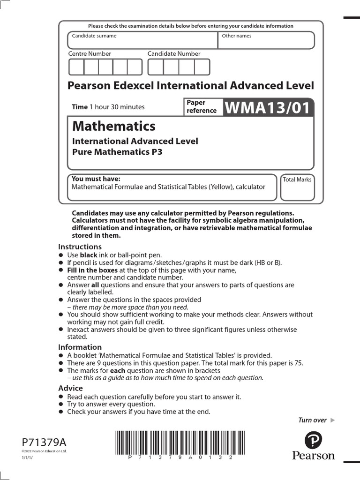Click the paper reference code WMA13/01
(x=268, y=108)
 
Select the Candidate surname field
(x=142, y=40)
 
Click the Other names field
(x=266, y=40)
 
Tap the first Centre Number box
(x=76, y=67)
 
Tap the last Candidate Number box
(x=202, y=67)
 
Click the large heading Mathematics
(x=114, y=126)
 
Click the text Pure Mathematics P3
(x=117, y=152)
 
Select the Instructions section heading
(x=80, y=247)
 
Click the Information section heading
(x=80, y=347)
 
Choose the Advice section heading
(x=70, y=388)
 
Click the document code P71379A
(x=44, y=442)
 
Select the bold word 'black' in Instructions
(x=89, y=255)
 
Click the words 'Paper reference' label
(x=202, y=107)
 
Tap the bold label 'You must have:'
(x=96, y=179)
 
